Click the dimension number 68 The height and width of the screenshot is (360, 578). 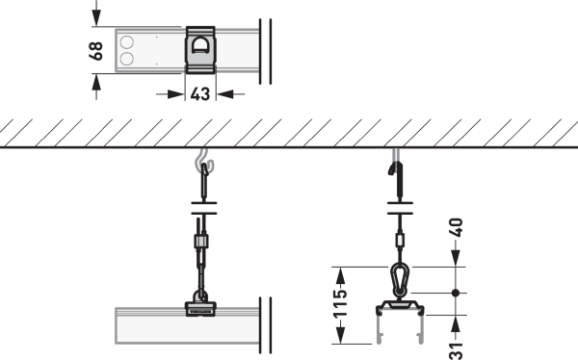coord(96,51)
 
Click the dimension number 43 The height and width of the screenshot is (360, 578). coord(200,94)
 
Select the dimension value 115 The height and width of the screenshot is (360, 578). coord(340,303)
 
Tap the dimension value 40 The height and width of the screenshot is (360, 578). coord(456,227)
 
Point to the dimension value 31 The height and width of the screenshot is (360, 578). coord(457,350)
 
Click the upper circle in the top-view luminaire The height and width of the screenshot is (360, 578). coord(127,42)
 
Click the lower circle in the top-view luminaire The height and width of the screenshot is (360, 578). coord(127,59)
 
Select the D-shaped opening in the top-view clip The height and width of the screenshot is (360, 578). coord(200,45)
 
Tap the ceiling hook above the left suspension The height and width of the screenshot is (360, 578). coord(204,161)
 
